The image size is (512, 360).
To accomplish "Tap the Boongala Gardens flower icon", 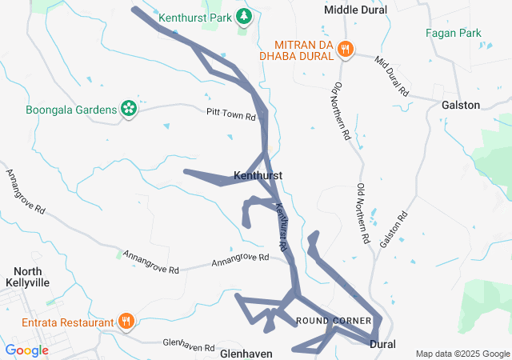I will [x=128, y=109].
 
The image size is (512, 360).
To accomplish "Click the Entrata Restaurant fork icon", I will [x=126, y=322].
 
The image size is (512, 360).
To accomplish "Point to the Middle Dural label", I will [x=355, y=10].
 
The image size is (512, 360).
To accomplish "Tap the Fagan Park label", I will [x=454, y=34].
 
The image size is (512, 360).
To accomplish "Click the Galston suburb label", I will [x=461, y=105].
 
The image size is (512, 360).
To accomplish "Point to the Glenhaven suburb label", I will [x=246, y=353].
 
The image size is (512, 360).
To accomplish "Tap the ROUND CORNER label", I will [x=334, y=321].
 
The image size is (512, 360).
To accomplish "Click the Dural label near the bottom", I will [x=383, y=343].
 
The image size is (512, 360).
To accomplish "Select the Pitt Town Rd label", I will [x=230, y=114].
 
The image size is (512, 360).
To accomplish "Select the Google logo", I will [x=27, y=350].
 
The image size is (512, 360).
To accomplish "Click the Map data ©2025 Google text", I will [x=462, y=354].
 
